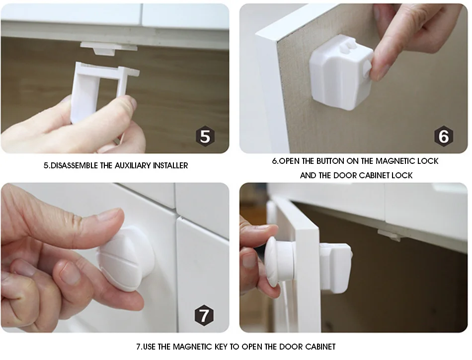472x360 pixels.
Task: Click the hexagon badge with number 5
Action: pos(205,136)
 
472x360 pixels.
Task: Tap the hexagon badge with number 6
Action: pos(444,136)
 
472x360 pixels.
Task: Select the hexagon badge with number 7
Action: pos(204,315)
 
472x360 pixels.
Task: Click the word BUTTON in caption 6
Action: pos(329,161)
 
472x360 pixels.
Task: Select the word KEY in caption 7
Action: pos(221,347)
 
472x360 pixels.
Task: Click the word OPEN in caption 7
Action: pos(251,347)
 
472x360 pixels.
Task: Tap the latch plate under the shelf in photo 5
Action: pos(109,48)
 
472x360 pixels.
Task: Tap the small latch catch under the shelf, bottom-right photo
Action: pos(389,235)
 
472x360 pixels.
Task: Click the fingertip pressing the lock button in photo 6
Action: pos(379,69)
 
